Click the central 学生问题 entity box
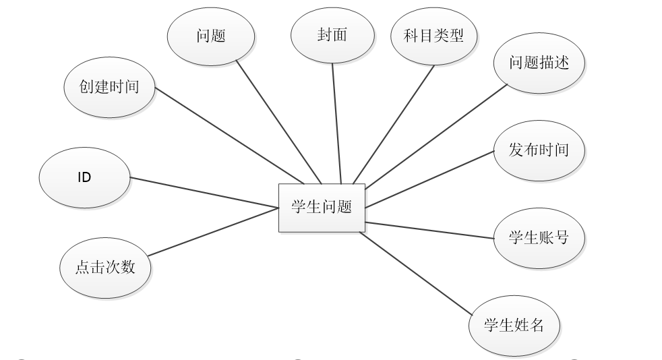(x=322, y=208)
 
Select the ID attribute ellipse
(x=84, y=178)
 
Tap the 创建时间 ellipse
(x=110, y=87)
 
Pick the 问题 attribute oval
(x=211, y=36)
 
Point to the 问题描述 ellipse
(x=539, y=63)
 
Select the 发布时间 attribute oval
(x=539, y=150)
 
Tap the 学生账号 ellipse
(x=539, y=237)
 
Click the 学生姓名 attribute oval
(x=514, y=326)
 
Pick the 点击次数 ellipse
(x=106, y=267)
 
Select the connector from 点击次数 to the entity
(x=213, y=232)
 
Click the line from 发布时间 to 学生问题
(x=430, y=178)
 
